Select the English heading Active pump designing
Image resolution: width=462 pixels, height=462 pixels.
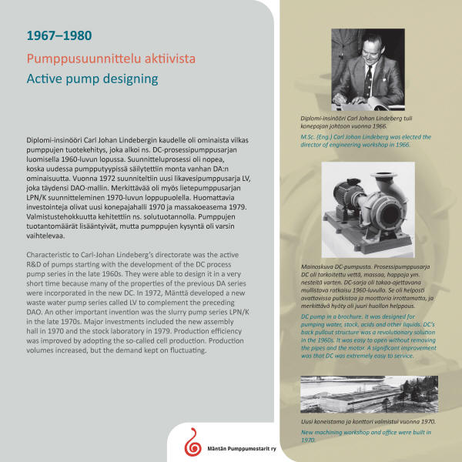pyautogui.click(x=92, y=79)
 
